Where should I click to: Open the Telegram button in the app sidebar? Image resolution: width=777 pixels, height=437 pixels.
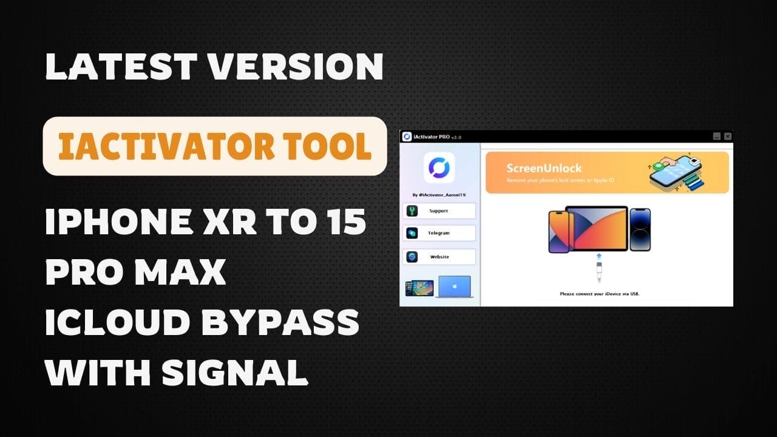tap(439, 233)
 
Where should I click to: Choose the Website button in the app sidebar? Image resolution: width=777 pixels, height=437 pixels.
tap(439, 257)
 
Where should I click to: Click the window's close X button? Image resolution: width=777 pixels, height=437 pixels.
tap(727, 137)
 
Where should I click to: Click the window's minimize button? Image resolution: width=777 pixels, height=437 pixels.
tap(716, 137)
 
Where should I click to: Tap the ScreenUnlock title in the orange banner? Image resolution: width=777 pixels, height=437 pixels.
tap(544, 168)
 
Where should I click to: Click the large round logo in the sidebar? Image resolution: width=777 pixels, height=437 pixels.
tap(439, 168)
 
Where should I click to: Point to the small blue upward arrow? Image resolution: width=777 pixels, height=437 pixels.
tap(599, 257)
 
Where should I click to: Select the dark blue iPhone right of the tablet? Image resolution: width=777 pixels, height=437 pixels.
tap(640, 229)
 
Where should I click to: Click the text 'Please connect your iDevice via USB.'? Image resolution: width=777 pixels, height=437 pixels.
tap(599, 294)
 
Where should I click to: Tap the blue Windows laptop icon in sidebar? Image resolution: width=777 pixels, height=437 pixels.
tap(456, 287)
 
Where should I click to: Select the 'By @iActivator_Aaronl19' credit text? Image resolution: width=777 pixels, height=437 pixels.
tap(439, 195)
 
